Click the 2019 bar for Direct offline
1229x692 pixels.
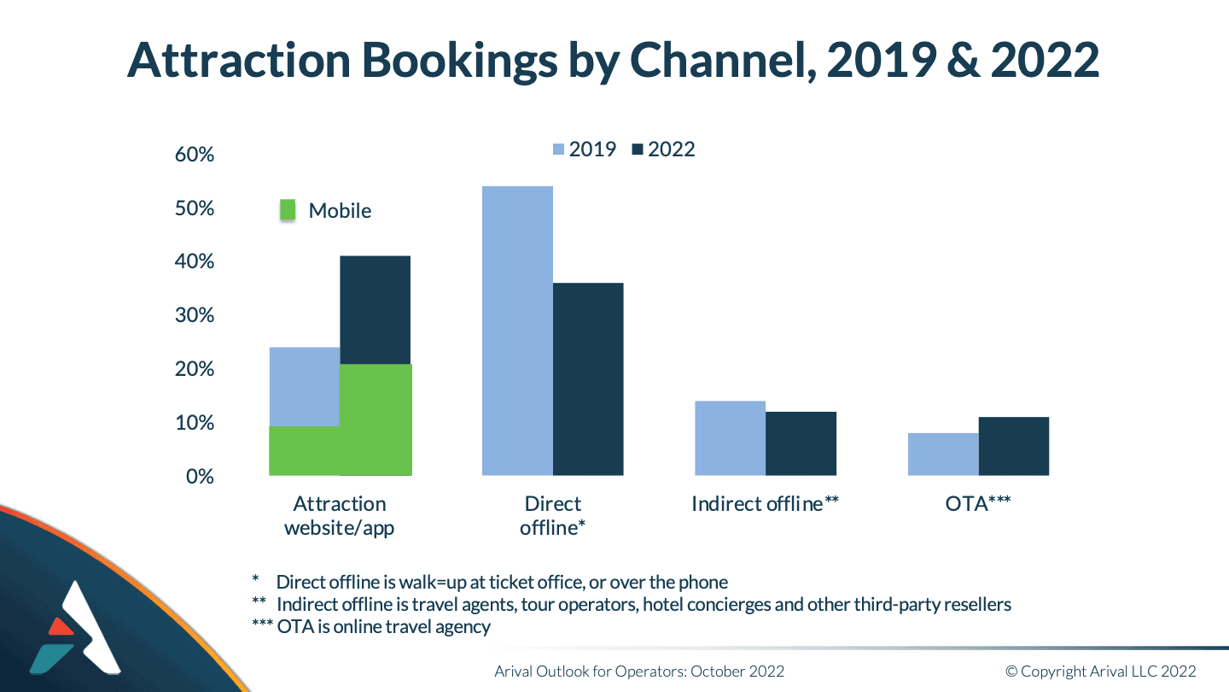click(x=517, y=331)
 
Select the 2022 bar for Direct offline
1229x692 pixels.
click(x=588, y=379)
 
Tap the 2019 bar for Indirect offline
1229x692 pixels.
click(x=730, y=438)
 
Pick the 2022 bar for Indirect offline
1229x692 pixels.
click(x=801, y=443)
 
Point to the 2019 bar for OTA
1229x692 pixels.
click(x=943, y=454)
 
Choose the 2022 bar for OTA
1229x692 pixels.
click(x=1014, y=446)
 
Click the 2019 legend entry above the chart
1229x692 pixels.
click(x=585, y=150)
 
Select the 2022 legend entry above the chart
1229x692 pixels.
click(x=664, y=150)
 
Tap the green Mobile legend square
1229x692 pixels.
click(x=288, y=210)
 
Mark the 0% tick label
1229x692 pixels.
click(x=200, y=476)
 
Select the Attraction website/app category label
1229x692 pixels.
click(x=340, y=515)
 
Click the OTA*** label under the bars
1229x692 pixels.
click(x=979, y=504)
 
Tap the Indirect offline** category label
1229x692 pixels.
click(x=766, y=504)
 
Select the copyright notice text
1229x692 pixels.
click(x=1100, y=671)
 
